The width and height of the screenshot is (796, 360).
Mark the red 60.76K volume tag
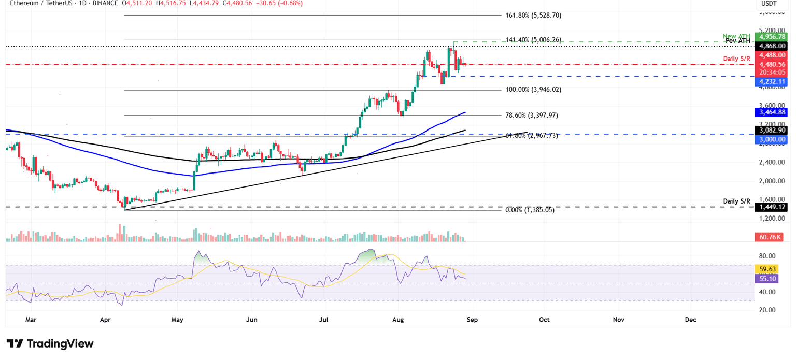point(770,237)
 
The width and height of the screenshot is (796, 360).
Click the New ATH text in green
point(736,36)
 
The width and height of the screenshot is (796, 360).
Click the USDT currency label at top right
point(769,4)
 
